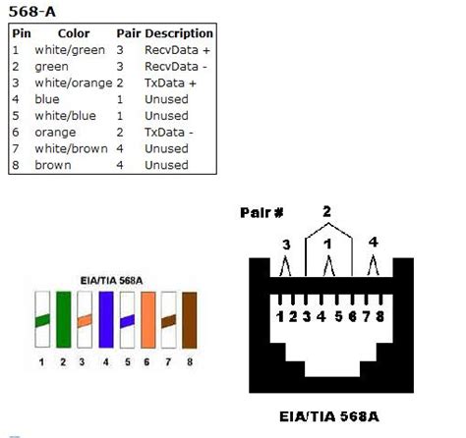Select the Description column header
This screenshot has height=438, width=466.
click(179, 33)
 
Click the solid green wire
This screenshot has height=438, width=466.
click(62, 319)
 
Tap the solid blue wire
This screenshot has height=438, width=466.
click(104, 319)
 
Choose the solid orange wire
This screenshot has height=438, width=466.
click(147, 319)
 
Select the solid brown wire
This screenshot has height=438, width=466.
click(190, 319)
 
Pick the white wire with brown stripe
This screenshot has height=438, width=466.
click(168, 319)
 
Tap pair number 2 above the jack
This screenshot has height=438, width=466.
click(326, 210)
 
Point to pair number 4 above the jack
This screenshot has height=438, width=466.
click(372, 242)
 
